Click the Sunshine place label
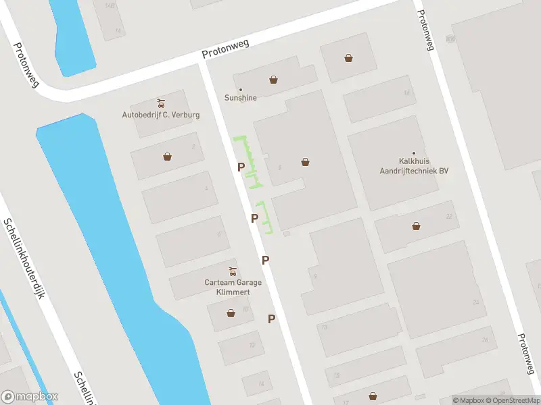[x=241, y=97]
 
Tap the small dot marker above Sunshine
[x=241, y=89]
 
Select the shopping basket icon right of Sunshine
[x=273, y=80]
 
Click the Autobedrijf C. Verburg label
[x=161, y=115]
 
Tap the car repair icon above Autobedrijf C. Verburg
[x=161, y=103]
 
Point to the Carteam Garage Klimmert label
[x=233, y=287]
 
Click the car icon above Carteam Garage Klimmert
[x=233, y=272]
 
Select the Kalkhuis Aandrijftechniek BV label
[x=415, y=166]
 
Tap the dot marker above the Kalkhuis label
[x=414, y=153]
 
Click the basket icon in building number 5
[x=306, y=162]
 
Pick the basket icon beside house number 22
[x=416, y=226]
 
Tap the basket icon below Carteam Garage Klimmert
[x=231, y=313]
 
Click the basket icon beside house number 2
[x=167, y=157]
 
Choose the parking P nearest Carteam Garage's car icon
[x=266, y=260]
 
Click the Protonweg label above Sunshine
[x=225, y=49]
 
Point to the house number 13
[x=324, y=327]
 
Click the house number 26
[x=484, y=340]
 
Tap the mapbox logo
[x=30, y=397]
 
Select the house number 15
[x=335, y=375]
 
